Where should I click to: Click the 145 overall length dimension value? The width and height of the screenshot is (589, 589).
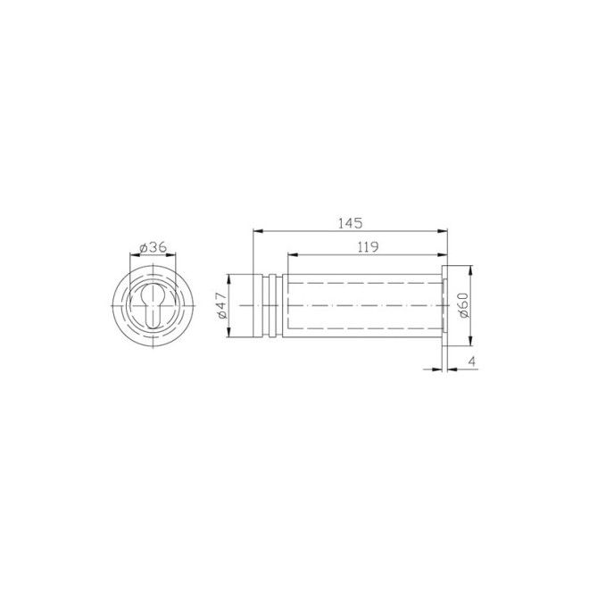click(350, 223)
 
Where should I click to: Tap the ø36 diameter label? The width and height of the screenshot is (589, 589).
click(154, 248)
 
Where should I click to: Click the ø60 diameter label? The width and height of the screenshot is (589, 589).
click(462, 306)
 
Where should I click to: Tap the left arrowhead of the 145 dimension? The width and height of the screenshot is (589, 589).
click(258, 232)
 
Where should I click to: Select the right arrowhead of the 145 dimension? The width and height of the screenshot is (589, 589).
click(444, 232)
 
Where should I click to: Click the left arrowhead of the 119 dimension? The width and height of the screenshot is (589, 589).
click(289, 255)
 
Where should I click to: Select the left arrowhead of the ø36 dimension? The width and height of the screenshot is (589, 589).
click(134, 257)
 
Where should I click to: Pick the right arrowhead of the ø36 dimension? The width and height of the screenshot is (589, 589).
click(175, 257)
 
